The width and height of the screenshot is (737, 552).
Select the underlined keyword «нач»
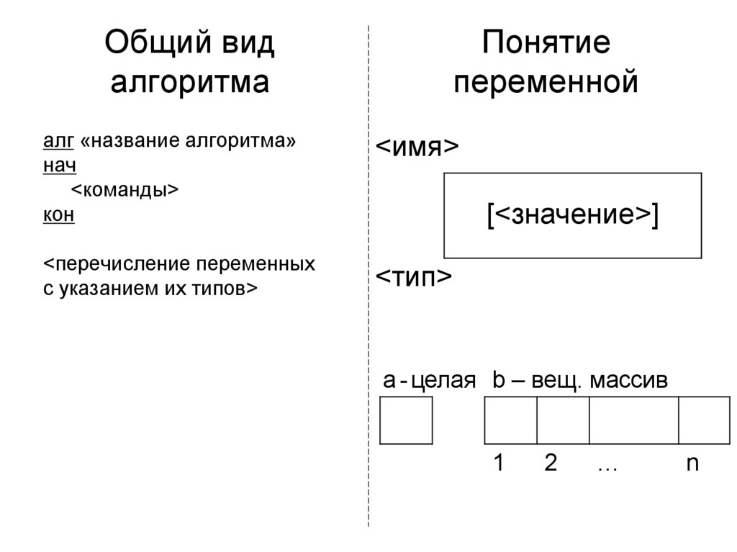(x=60, y=166)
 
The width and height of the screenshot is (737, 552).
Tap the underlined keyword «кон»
(x=59, y=214)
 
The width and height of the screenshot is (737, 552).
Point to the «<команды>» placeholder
(x=125, y=190)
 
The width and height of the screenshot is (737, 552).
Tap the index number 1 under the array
(x=498, y=463)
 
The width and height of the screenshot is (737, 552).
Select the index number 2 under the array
(x=551, y=463)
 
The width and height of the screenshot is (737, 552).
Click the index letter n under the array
(x=692, y=463)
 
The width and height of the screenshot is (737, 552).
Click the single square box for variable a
(x=406, y=420)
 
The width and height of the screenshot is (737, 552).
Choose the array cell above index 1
(x=511, y=420)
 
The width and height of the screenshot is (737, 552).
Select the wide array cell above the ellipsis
(x=634, y=420)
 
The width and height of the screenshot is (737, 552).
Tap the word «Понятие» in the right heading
(x=546, y=44)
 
